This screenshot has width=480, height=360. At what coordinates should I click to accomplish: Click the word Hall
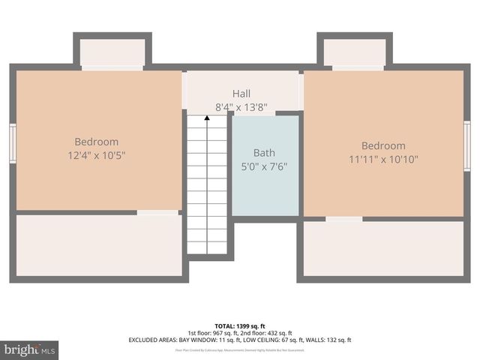coord(241,94)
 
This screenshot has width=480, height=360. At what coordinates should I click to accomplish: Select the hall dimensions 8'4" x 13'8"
coord(241,107)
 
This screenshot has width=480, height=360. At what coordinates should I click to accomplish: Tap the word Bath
coord(264,152)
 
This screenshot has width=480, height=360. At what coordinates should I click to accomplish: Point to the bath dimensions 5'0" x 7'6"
coord(264,166)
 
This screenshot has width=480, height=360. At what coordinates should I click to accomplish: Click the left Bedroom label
coord(96,142)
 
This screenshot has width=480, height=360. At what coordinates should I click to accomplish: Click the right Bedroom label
coord(383,145)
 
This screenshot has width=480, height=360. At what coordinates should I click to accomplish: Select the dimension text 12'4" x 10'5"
coord(96,156)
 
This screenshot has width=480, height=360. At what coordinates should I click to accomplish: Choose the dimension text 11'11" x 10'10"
coord(383,159)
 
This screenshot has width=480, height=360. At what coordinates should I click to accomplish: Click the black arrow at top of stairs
coord(206,118)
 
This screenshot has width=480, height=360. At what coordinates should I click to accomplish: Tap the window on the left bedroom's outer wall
coord(12,143)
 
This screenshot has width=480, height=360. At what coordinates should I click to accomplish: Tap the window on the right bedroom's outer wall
coord(467,145)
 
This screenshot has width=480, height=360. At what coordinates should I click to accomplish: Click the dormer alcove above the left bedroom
coord(112,52)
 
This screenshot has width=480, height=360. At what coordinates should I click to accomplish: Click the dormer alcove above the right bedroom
coord(354,52)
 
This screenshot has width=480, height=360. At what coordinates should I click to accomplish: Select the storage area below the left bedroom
coord(98,245)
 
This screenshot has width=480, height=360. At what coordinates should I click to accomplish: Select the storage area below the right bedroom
coord(383,248)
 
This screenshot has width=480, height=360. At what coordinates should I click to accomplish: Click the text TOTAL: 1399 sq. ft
coord(240,326)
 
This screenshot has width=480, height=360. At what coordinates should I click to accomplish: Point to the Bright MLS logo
coord(29,350)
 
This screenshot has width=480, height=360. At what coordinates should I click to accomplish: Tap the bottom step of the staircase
coord(206,247)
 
